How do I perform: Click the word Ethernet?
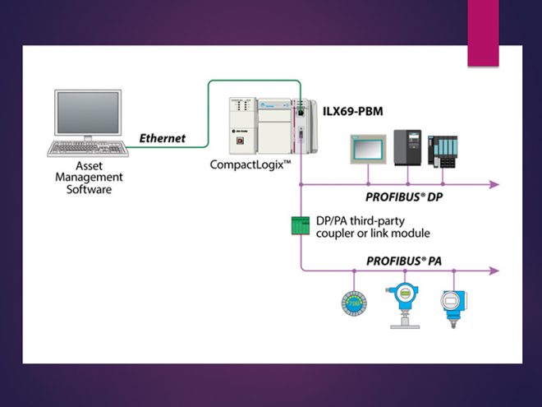click(x=161, y=138)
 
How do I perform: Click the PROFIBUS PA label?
click(x=397, y=259)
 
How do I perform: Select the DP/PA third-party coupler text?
click(x=373, y=227)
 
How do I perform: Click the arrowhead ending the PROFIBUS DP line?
click(x=494, y=185)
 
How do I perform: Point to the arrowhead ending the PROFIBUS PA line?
click(x=494, y=269)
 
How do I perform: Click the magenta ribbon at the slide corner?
click(x=483, y=33)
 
